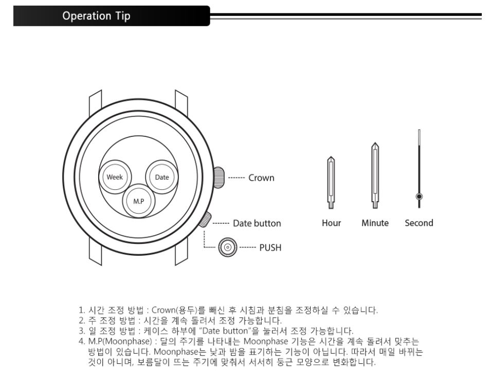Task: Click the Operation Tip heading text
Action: click(x=96, y=16)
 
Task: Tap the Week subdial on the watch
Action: click(x=115, y=177)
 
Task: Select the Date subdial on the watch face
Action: click(x=162, y=177)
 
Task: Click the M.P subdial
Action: click(x=138, y=201)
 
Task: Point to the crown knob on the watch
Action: click(x=220, y=178)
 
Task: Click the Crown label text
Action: click(x=261, y=178)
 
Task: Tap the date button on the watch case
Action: click(x=205, y=219)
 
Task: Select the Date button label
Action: click(x=257, y=223)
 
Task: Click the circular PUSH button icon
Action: click(x=227, y=247)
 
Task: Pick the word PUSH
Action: click(x=270, y=248)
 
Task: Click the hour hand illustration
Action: click(x=331, y=183)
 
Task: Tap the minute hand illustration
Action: click(x=375, y=176)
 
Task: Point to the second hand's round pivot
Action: click(x=419, y=197)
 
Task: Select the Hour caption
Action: click(x=331, y=223)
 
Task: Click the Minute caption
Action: click(x=375, y=223)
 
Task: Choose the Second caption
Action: click(x=419, y=223)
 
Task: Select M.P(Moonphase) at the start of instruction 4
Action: click(x=120, y=341)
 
